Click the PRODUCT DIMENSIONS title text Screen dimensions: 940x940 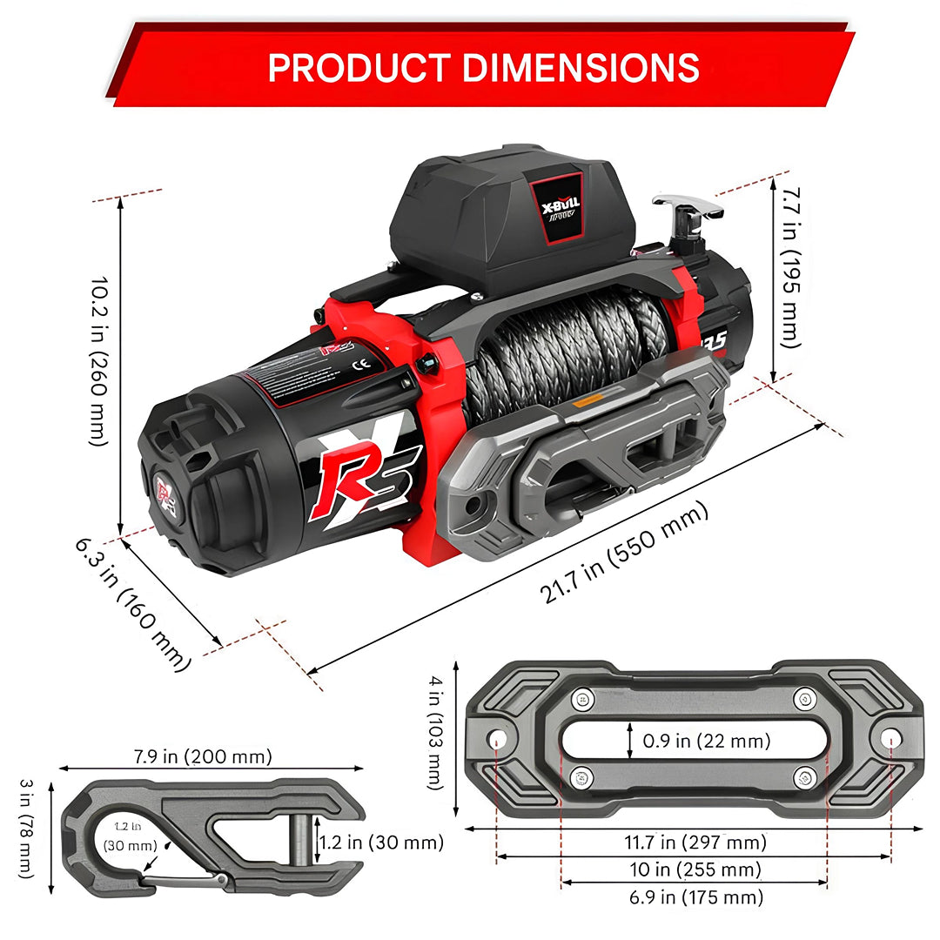point(483,67)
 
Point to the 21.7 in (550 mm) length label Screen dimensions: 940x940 point(624,554)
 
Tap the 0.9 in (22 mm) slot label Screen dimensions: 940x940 point(707,742)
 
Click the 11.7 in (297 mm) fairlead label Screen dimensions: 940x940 point(694,842)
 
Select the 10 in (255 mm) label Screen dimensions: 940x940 point(694,869)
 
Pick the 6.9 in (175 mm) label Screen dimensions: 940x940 point(694,896)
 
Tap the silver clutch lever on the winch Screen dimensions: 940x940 point(687,209)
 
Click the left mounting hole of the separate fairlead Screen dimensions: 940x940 point(498,740)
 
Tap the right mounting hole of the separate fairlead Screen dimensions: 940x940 point(889,738)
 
